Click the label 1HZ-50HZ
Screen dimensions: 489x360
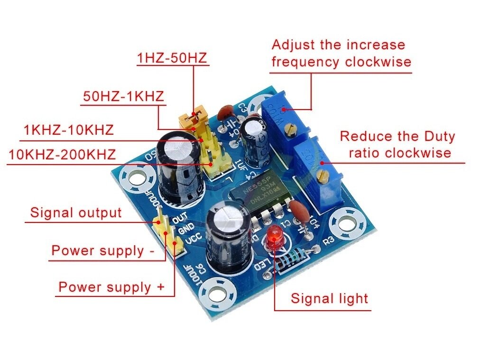pos(172,58)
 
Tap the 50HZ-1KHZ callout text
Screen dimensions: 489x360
pos(123,96)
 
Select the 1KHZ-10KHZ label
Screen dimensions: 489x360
pos(69,129)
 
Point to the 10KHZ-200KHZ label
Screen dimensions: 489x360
pos(62,154)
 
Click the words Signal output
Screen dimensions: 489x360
pos(76,212)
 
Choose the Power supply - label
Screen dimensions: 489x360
pos(102,250)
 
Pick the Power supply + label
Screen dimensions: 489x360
pos(111,287)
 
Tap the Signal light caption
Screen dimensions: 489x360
pos(329,298)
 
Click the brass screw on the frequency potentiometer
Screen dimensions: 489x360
pos(294,127)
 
